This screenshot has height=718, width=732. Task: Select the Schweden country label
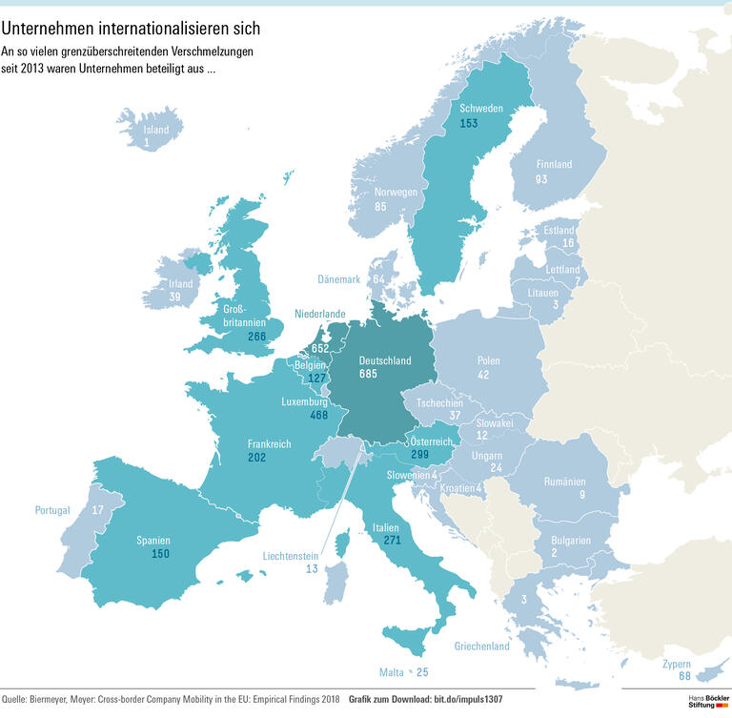click(x=481, y=109)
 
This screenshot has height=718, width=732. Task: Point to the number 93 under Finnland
click(x=541, y=179)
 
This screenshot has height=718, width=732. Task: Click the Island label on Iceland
click(x=155, y=131)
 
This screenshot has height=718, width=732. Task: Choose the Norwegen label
click(x=395, y=193)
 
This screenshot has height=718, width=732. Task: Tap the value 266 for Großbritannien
click(x=255, y=337)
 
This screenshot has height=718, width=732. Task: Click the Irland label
click(x=181, y=284)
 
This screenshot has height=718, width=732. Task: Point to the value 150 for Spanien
click(x=160, y=554)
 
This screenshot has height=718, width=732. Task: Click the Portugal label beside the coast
click(x=52, y=510)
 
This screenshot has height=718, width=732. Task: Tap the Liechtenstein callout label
click(x=292, y=555)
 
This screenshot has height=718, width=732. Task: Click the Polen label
click(x=489, y=362)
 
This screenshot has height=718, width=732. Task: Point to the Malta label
click(x=393, y=673)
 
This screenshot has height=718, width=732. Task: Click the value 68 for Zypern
click(x=684, y=676)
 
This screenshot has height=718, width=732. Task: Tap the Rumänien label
click(x=564, y=482)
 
